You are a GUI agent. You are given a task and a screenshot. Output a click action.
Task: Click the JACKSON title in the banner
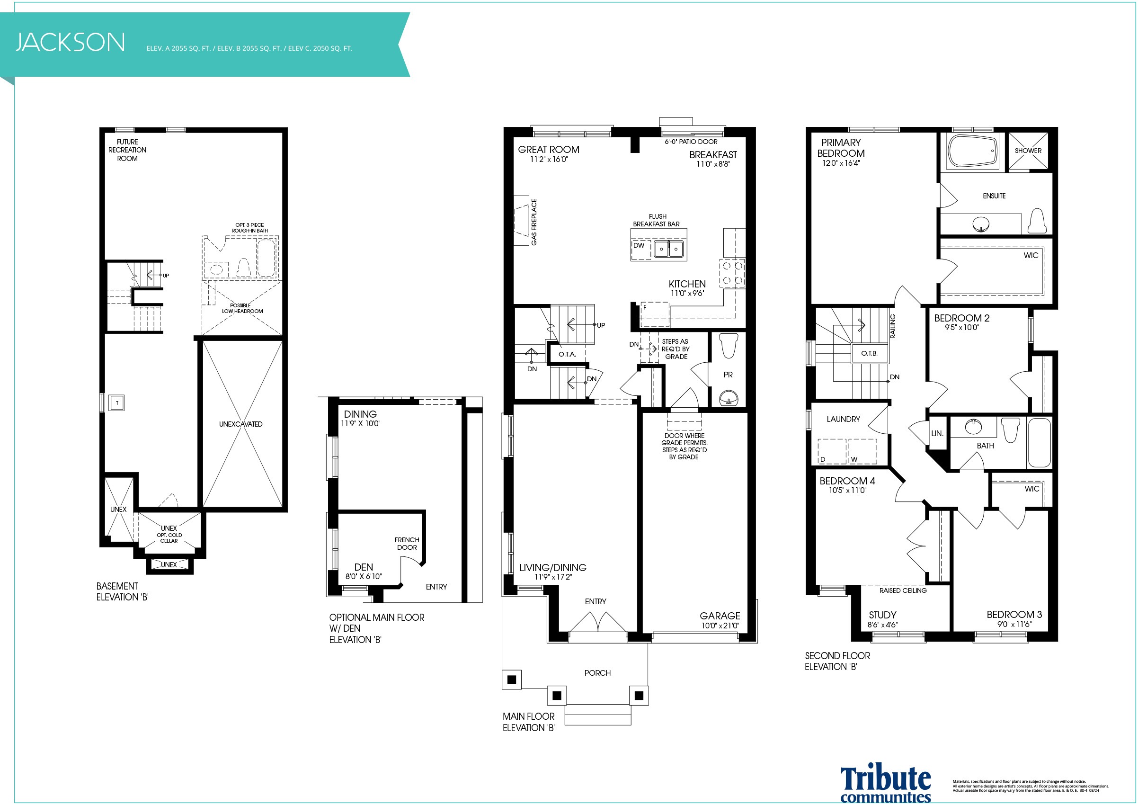pyautogui.click(x=71, y=42)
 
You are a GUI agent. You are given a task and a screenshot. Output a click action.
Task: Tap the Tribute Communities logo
pyautogui.click(x=886, y=784)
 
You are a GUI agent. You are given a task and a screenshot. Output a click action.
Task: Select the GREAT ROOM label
pyautogui.click(x=549, y=149)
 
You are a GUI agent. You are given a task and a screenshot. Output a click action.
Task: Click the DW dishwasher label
pyautogui.click(x=639, y=245)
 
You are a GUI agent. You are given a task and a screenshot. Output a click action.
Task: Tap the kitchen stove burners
pyautogui.click(x=732, y=273)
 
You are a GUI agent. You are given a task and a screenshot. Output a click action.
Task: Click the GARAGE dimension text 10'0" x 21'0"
pyautogui.click(x=720, y=626)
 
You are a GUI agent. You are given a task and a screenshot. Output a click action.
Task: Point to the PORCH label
pyautogui.click(x=597, y=673)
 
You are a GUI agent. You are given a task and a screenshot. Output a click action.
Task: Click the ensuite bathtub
pyautogui.click(x=972, y=151)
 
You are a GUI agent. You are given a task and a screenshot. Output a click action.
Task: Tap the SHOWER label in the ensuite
pyautogui.click(x=1028, y=150)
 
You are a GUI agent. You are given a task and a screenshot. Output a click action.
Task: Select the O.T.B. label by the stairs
pyautogui.click(x=870, y=353)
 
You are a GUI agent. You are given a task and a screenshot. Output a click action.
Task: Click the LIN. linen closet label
pyautogui.click(x=937, y=433)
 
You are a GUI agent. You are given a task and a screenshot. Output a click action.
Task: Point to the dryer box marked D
pyautogui.click(x=831, y=452)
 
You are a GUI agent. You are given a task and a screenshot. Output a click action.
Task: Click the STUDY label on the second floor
pyautogui.click(x=883, y=615)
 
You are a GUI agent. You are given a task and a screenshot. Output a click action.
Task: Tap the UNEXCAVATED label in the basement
pyautogui.click(x=241, y=424)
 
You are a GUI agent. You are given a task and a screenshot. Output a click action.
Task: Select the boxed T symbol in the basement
pyautogui.click(x=117, y=402)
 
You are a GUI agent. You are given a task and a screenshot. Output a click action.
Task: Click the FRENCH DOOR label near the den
pyautogui.click(x=407, y=543)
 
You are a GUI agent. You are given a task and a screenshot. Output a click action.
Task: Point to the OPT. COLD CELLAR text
pyautogui.click(x=169, y=538)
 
